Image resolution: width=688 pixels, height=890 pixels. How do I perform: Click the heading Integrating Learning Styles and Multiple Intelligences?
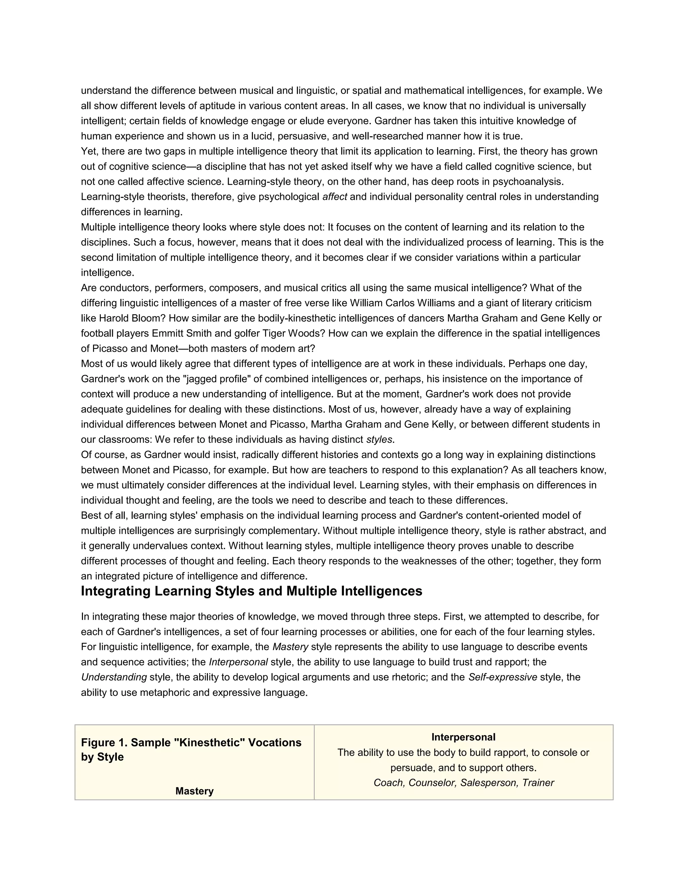tap(252, 591)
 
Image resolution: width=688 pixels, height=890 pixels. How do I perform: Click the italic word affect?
tap(335, 197)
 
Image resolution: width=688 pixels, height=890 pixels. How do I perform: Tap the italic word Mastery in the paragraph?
tap(290, 647)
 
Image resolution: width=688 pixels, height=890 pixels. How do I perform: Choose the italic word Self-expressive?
tap(503, 677)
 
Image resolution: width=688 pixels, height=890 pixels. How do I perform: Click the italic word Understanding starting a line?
tap(114, 677)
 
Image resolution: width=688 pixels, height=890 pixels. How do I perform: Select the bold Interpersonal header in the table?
tap(463, 737)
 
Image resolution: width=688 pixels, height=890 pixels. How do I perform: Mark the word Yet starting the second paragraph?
tap(88, 151)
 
